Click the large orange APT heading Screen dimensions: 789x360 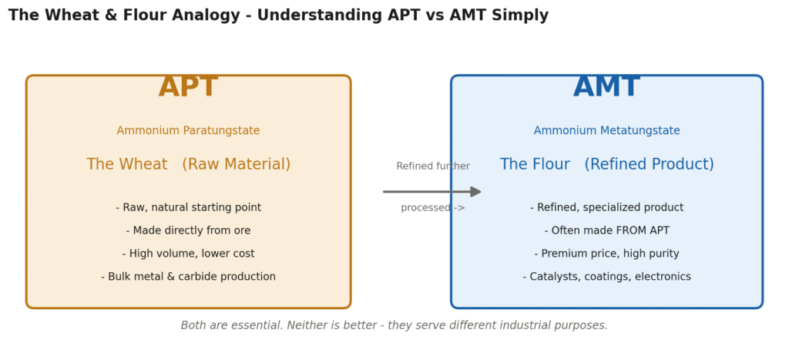188,87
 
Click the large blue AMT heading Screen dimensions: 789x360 606,87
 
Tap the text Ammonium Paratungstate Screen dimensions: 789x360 188,131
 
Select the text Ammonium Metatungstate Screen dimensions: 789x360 607,131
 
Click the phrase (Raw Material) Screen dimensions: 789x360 236,165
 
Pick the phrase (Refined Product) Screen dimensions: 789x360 649,165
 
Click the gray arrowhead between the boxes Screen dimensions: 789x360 475,192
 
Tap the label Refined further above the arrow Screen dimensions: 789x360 433,167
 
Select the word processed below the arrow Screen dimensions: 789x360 425,208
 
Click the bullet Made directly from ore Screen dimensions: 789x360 188,230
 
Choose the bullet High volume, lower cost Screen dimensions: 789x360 188,254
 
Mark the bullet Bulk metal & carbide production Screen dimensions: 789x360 188,277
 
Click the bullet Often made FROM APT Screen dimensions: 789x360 607,230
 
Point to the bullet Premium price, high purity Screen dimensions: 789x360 607,254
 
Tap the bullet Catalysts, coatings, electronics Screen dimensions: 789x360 607,277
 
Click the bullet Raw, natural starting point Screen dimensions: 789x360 188,207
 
